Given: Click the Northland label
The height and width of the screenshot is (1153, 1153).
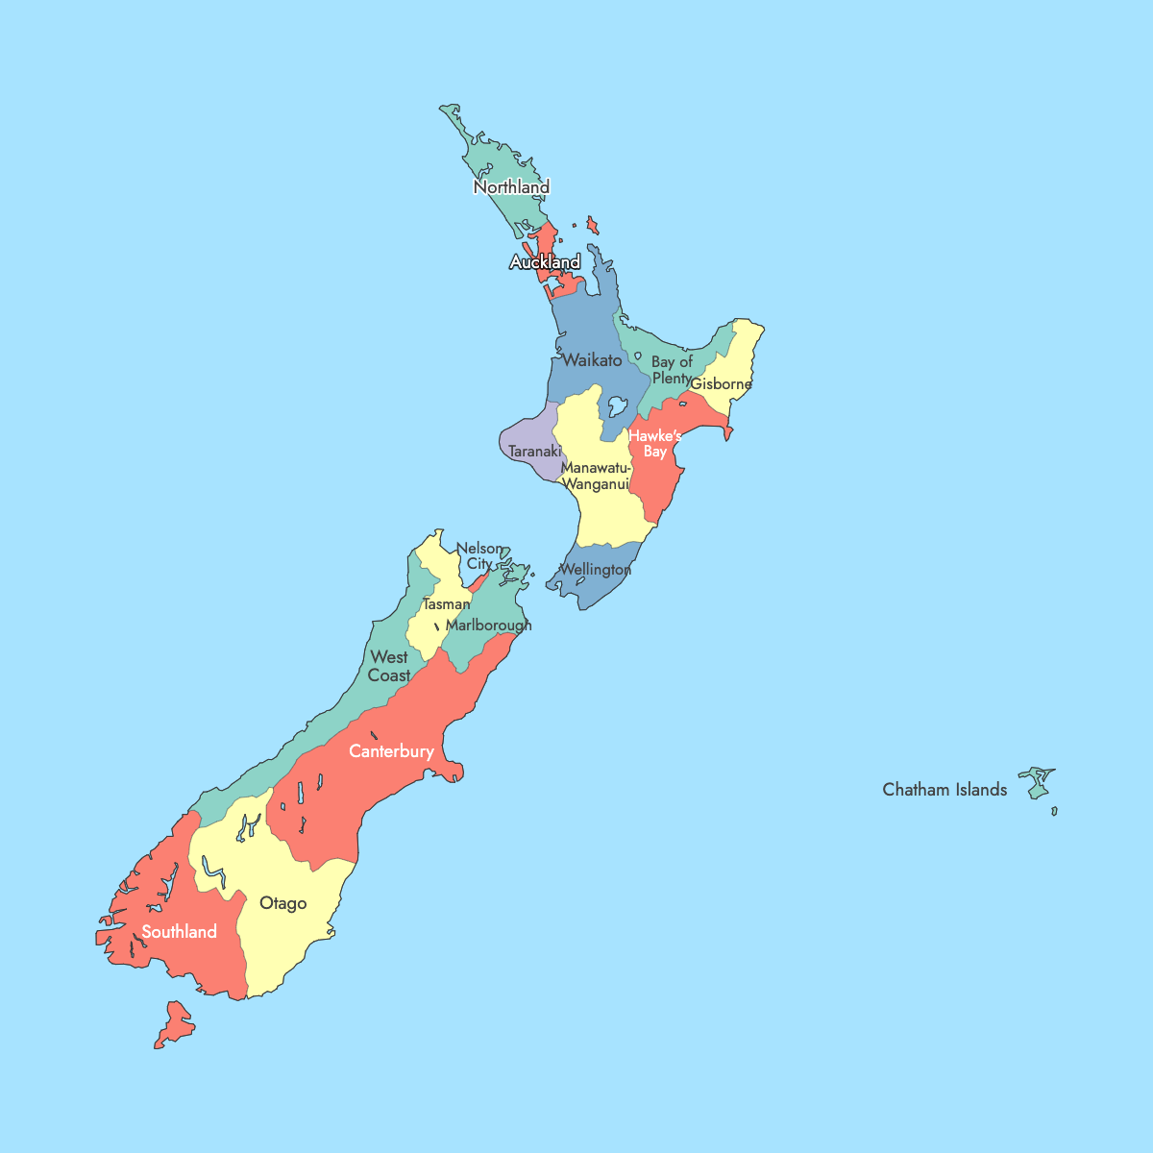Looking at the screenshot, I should point(511,187).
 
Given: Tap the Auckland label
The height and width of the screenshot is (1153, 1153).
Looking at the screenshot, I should point(545,262).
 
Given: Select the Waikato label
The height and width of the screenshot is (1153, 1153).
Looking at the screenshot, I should point(592,360).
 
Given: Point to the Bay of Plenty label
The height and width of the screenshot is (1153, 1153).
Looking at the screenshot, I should point(672,370).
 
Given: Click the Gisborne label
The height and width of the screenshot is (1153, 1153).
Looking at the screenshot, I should point(721,384).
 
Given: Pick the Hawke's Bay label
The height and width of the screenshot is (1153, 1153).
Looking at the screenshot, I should point(655,444).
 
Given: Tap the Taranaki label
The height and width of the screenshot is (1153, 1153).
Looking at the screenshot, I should point(534,451).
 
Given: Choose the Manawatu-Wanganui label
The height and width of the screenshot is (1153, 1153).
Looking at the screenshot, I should point(596,476).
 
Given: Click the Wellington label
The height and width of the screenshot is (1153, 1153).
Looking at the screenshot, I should point(595,570).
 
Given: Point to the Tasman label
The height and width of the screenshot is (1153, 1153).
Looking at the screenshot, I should point(447,604).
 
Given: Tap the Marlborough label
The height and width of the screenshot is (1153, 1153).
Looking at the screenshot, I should point(488,626).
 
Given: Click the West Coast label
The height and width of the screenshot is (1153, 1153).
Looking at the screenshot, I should point(389,666).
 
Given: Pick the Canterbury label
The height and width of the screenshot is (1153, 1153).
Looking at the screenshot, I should point(391,751).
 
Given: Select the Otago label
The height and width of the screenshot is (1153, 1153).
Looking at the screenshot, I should point(283,903).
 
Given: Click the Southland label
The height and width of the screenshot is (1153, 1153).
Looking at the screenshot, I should point(179,932).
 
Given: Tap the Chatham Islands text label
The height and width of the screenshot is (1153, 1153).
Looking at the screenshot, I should point(944,790).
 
